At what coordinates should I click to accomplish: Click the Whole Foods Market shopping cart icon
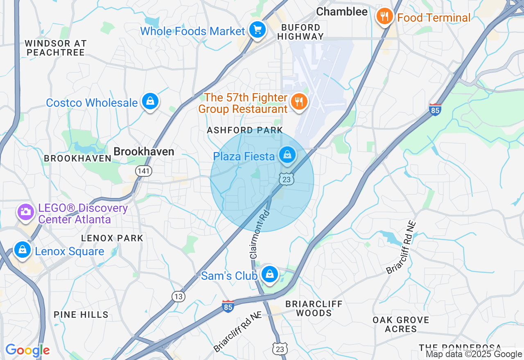pyautogui.click(x=257, y=30)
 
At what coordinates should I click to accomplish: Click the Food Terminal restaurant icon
pyautogui.click(x=384, y=17)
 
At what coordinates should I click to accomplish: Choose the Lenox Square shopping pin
pyautogui.click(x=22, y=250)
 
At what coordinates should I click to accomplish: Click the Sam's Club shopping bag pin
pyautogui.click(x=270, y=274)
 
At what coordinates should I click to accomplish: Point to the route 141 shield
pyautogui.click(x=144, y=171)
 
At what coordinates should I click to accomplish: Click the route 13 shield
pyautogui.click(x=178, y=297)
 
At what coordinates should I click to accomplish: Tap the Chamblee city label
pyautogui.click(x=342, y=12)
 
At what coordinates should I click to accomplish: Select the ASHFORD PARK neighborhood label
pyautogui.click(x=245, y=130)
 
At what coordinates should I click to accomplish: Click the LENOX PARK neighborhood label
pyautogui.click(x=112, y=238)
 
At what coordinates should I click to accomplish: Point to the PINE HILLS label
pyautogui.click(x=81, y=315)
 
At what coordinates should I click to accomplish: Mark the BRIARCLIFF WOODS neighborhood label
pyautogui.click(x=314, y=308)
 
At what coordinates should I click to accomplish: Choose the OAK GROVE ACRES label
pyautogui.click(x=401, y=324)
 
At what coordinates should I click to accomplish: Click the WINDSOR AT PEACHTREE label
pyautogui.click(x=55, y=48)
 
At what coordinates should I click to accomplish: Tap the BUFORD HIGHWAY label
pyautogui.click(x=300, y=32)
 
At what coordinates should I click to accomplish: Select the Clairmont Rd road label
pyautogui.click(x=260, y=234)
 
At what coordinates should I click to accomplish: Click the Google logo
pyautogui.click(x=27, y=351)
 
